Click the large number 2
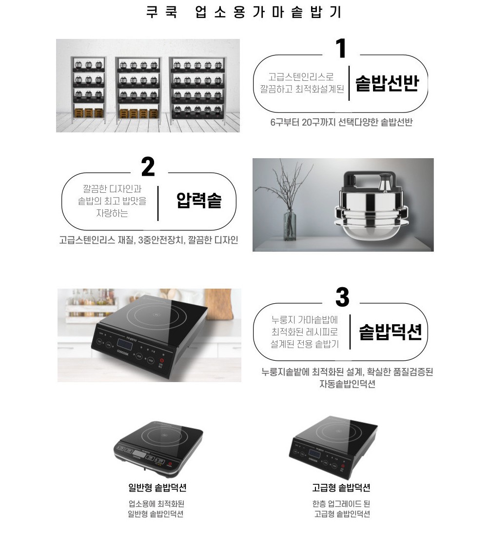click(148, 166)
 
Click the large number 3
click(342, 297)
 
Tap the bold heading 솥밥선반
click(387, 83)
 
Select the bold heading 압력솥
click(199, 200)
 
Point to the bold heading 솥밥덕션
click(390, 332)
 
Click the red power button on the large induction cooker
click(162, 360)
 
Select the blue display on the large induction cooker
click(125, 344)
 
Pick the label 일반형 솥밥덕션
click(157, 487)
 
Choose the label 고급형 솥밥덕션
click(341, 487)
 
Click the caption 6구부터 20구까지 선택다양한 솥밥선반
click(341, 122)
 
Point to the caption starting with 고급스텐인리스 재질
click(149, 240)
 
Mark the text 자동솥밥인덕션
click(347, 384)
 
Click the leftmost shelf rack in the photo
click(88, 91)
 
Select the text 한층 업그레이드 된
click(341, 503)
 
